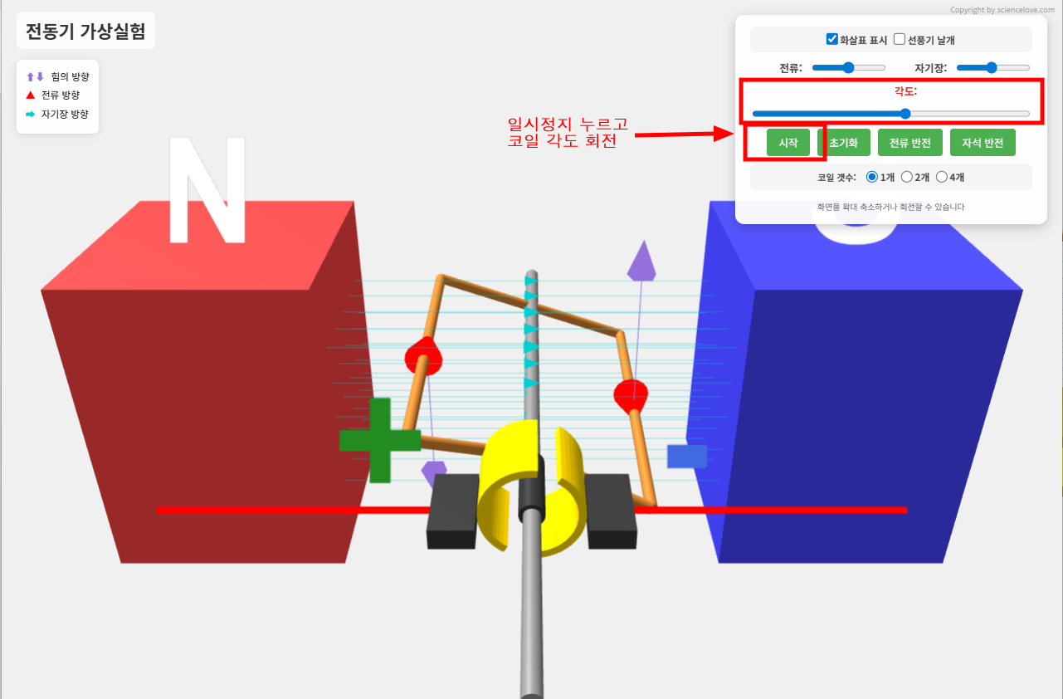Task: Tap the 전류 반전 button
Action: click(x=909, y=143)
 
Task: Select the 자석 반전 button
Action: click(x=983, y=143)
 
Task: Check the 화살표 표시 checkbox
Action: click(x=832, y=39)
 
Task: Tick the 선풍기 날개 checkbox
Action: click(x=900, y=39)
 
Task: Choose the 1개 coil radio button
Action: click(x=871, y=177)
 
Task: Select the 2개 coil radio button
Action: click(x=907, y=177)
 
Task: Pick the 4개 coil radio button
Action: click(x=942, y=177)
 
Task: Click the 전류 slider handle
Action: click(x=848, y=67)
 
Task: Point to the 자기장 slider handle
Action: click(x=991, y=67)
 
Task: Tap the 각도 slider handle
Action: click(x=905, y=114)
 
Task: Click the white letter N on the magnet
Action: click(x=207, y=190)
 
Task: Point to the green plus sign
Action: click(x=380, y=440)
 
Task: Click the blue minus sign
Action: click(x=687, y=457)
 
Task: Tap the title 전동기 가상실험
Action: click(x=85, y=32)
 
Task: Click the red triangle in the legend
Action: click(x=31, y=95)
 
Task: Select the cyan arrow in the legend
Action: click(x=31, y=115)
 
